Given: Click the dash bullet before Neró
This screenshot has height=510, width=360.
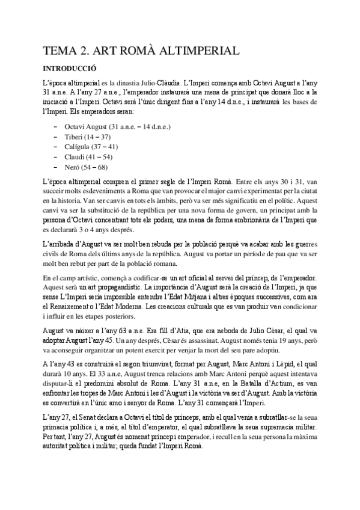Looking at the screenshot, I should pyautogui.click(x=56, y=167).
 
